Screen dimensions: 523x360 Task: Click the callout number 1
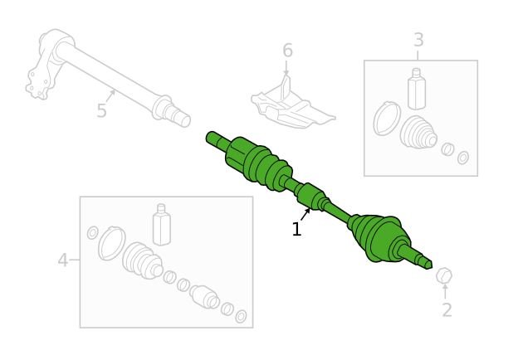(296, 229)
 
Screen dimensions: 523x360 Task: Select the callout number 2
(447, 309)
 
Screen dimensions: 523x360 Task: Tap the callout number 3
(418, 40)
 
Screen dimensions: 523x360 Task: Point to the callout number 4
(63, 260)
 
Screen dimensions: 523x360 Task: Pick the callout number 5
(102, 110)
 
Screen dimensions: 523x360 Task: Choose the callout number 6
(287, 51)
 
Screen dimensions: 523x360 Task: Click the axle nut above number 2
(444, 275)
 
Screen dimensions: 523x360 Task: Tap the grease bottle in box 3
(417, 89)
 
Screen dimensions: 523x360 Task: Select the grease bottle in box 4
(162, 225)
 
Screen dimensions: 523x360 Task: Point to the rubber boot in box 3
(418, 133)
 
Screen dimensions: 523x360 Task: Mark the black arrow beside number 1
(305, 214)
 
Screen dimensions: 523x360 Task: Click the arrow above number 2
(445, 291)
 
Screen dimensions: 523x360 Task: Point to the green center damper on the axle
(310, 197)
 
